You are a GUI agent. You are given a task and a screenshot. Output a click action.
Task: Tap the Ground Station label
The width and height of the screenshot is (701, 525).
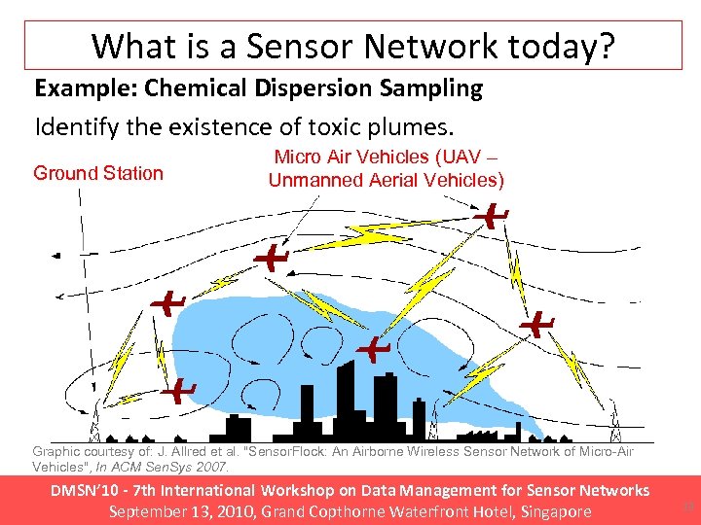coord(98,173)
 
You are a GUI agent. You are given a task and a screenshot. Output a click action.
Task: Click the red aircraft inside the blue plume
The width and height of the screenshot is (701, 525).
coord(372,347)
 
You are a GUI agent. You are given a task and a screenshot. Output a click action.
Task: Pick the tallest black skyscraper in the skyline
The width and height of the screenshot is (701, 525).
coord(345,399)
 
